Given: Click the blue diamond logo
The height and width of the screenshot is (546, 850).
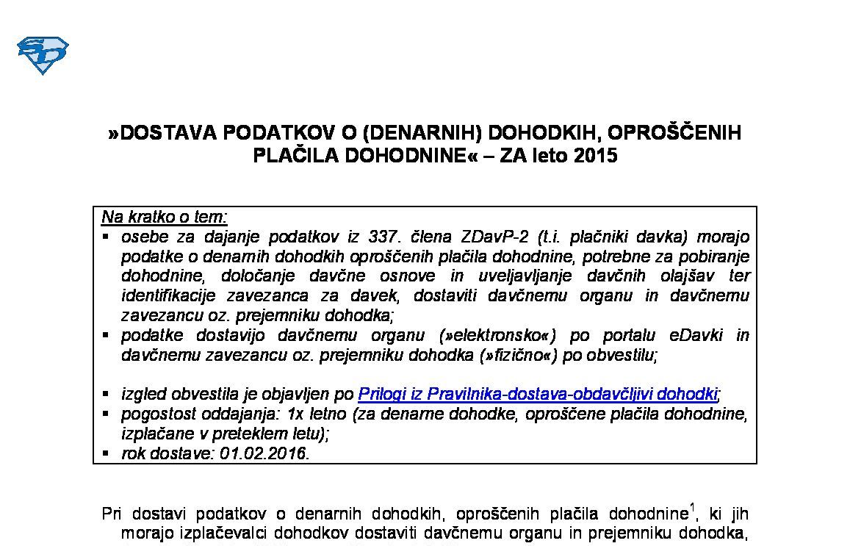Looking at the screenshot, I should coord(43,55).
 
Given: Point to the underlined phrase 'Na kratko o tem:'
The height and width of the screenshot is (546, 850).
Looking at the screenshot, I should coord(165,217).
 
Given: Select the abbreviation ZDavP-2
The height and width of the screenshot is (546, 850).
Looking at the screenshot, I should coord(489,237).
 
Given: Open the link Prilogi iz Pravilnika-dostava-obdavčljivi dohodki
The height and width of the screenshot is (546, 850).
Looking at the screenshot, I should coord(537,394).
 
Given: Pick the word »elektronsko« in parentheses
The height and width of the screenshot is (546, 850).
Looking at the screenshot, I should coord(497,335).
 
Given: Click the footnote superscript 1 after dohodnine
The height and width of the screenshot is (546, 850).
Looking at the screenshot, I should coord(692,507).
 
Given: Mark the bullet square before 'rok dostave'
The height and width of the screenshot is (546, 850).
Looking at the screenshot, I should coord(107,453).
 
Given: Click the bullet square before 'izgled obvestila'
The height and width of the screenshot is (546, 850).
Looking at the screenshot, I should coord(107,393).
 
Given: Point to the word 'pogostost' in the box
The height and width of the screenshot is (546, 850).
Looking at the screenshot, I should coord(154,414).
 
